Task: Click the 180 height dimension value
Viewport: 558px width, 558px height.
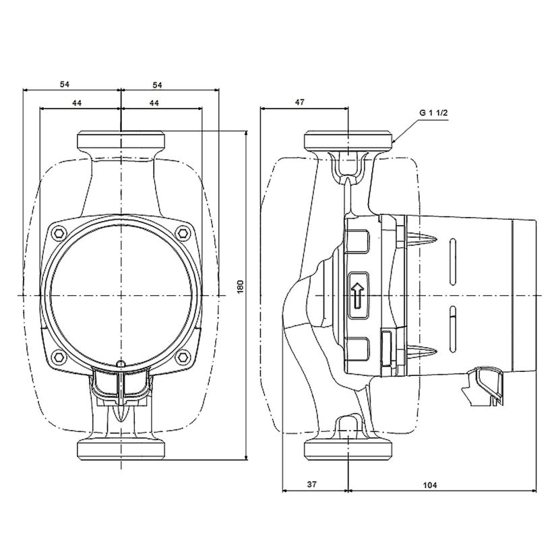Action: click(240, 287)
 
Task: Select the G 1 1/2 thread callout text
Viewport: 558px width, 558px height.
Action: click(433, 113)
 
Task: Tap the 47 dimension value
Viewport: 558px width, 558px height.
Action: click(300, 102)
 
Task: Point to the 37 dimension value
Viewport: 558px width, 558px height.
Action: click(312, 485)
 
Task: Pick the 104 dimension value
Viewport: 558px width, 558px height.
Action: click(430, 485)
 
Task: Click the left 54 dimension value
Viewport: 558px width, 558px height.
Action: click(65, 84)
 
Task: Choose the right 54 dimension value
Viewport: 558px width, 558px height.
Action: click(157, 85)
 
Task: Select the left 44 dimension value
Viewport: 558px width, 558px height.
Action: click(77, 103)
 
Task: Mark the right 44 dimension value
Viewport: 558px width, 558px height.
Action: click(154, 103)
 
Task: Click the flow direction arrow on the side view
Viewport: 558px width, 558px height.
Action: click(357, 295)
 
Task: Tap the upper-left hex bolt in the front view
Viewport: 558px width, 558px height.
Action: click(59, 233)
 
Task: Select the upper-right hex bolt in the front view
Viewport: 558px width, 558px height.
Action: click(183, 233)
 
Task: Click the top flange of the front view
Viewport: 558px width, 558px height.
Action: click(121, 140)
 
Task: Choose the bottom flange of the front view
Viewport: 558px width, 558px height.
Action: click(121, 449)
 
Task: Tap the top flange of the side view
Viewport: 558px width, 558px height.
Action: click(348, 140)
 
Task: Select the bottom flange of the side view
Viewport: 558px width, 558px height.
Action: click(348, 449)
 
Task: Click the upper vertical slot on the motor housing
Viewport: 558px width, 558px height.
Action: click(453, 261)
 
